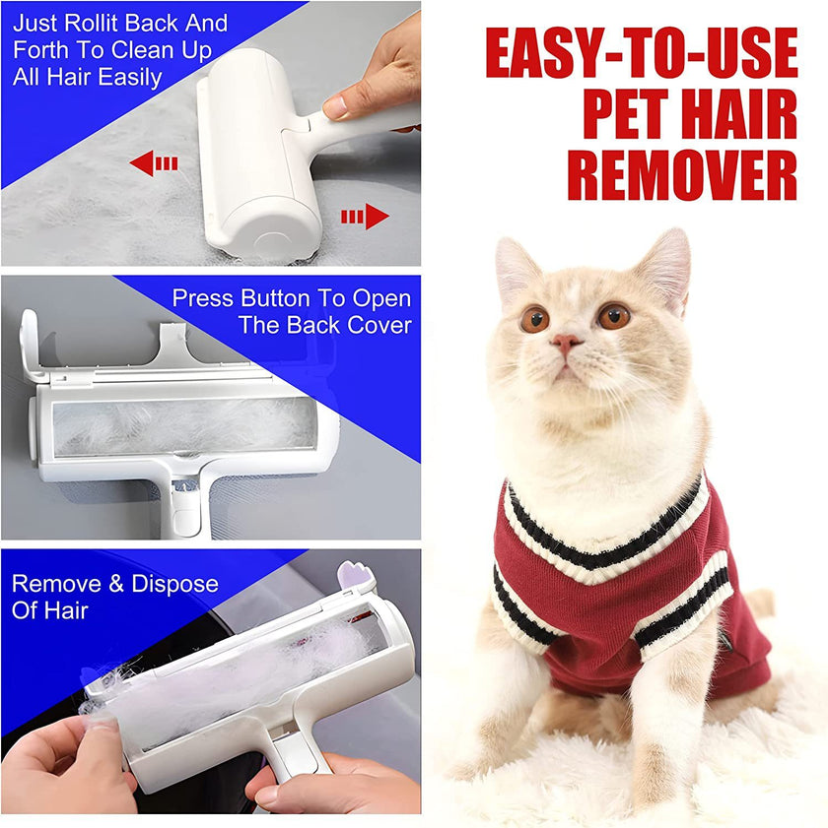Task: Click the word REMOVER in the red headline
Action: tap(682, 175)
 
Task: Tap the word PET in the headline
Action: tap(640, 115)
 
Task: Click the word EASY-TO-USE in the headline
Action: tap(642, 54)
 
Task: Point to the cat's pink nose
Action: tap(565, 344)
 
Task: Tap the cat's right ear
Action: tap(515, 266)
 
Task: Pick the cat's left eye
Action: tap(613, 315)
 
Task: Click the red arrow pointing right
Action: tap(366, 216)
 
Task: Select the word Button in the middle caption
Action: tap(282, 298)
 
